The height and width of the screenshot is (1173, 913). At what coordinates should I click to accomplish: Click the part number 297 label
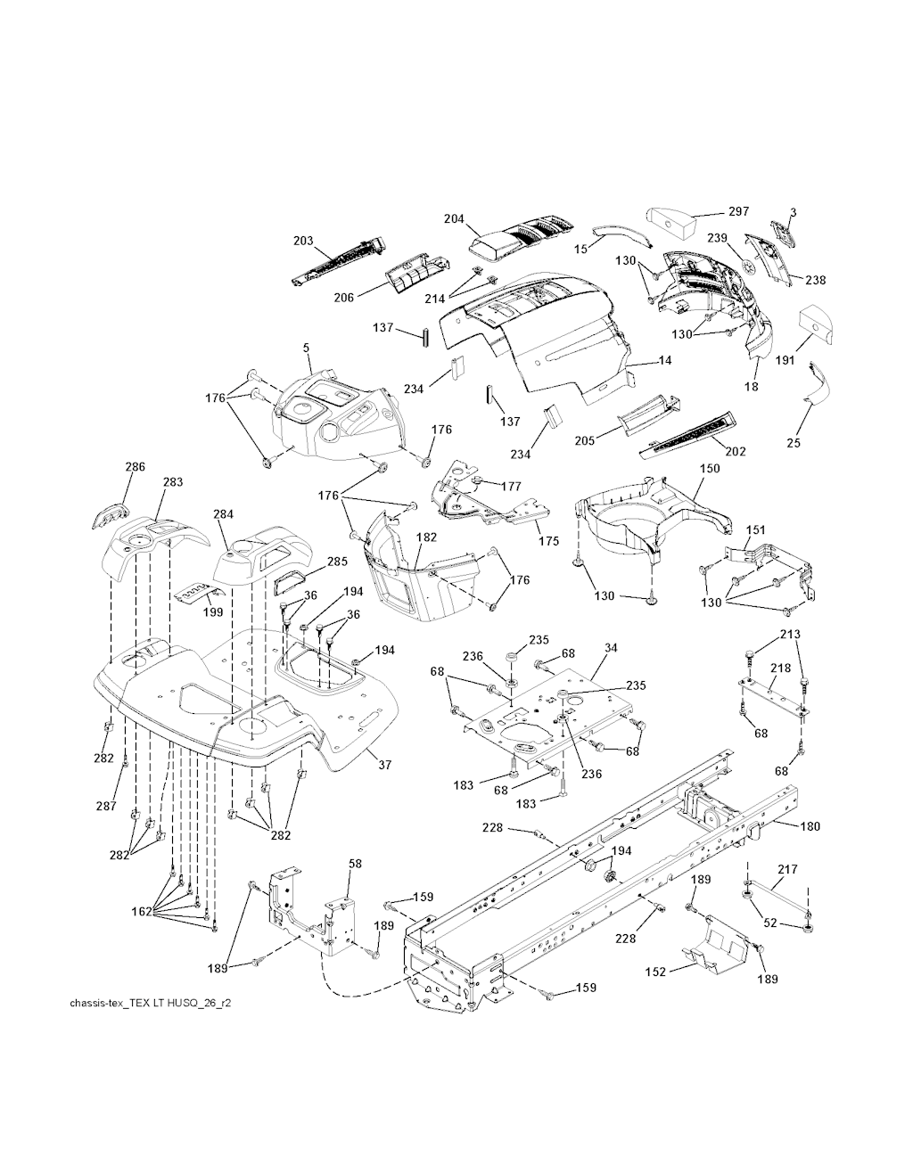point(738,211)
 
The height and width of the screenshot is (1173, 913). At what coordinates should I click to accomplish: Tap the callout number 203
point(303,241)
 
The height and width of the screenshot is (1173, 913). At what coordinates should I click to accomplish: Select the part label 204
point(455,219)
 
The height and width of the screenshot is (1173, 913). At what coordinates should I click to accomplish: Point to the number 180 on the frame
point(810,826)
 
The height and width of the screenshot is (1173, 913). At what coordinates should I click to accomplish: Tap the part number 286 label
point(135,466)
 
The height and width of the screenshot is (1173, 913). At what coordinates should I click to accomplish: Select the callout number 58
point(355,864)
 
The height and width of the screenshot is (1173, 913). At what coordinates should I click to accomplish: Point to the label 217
point(788,869)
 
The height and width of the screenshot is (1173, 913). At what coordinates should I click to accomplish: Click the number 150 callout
point(710,469)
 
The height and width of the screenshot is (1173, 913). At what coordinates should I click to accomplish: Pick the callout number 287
point(106,806)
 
